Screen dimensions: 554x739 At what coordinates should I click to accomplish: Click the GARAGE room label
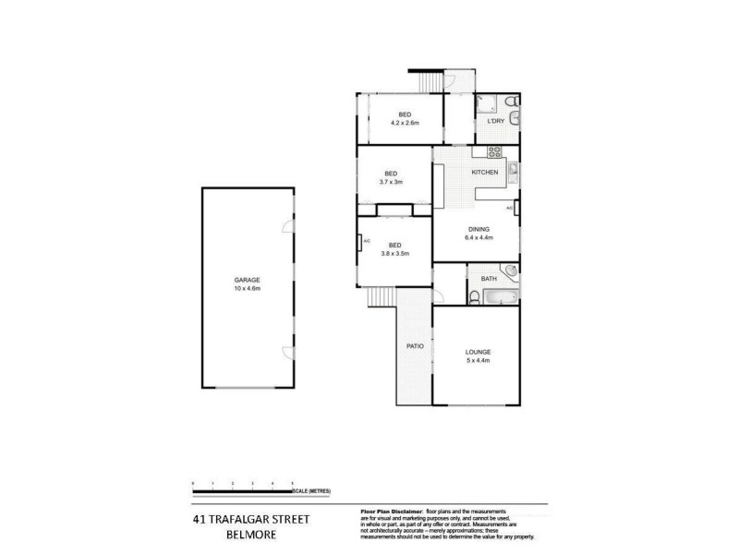tap(246, 279)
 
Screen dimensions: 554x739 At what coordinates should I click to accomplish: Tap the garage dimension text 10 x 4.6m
tap(246, 288)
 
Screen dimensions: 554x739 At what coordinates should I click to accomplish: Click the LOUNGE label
tap(478, 352)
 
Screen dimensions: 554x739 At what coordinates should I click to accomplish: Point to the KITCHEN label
tap(485, 173)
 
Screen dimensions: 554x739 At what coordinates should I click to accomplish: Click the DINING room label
tap(479, 229)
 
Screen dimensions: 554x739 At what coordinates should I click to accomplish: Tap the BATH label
tap(488, 277)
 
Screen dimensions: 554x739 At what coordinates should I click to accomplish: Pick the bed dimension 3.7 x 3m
tap(391, 182)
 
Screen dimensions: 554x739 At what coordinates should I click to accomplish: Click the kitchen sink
tap(513, 169)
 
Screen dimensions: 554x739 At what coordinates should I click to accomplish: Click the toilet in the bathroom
tap(472, 295)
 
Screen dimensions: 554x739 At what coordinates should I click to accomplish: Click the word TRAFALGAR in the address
tap(248, 519)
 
